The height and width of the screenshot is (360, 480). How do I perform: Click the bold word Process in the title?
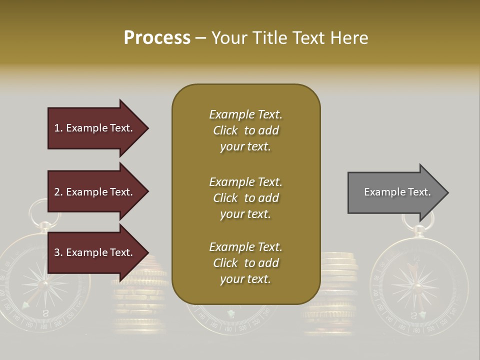(x=157, y=38)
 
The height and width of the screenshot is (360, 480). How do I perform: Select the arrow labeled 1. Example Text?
(x=95, y=128)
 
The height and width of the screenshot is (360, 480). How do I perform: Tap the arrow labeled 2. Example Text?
(x=95, y=192)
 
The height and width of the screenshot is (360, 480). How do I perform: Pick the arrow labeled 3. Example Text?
(x=95, y=252)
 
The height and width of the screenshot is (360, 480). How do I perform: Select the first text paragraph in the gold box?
(x=245, y=130)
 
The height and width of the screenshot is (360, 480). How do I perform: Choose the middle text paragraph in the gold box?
(x=245, y=198)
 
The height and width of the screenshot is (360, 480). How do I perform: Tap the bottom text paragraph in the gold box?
(x=245, y=263)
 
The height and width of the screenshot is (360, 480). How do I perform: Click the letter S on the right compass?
(x=413, y=315)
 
